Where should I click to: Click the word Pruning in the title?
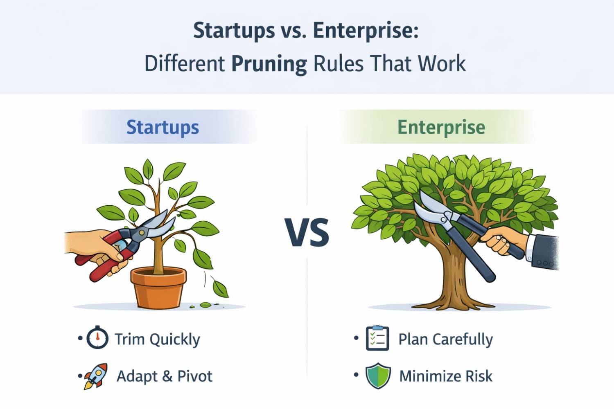tap(269, 64)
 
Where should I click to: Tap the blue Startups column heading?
tap(163, 127)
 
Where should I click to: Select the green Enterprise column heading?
tap(441, 127)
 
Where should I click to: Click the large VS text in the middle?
tap(307, 232)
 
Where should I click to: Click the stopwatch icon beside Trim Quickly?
tap(97, 338)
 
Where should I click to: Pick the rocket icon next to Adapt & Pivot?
tap(96, 376)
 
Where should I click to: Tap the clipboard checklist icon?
tap(377, 338)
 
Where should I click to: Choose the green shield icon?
tap(378, 375)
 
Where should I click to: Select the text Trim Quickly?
tap(157, 339)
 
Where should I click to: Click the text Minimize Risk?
tap(446, 376)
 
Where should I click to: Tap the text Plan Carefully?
tap(446, 339)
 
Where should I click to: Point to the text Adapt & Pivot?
tap(165, 376)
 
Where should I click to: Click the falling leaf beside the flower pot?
tap(220, 288)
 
